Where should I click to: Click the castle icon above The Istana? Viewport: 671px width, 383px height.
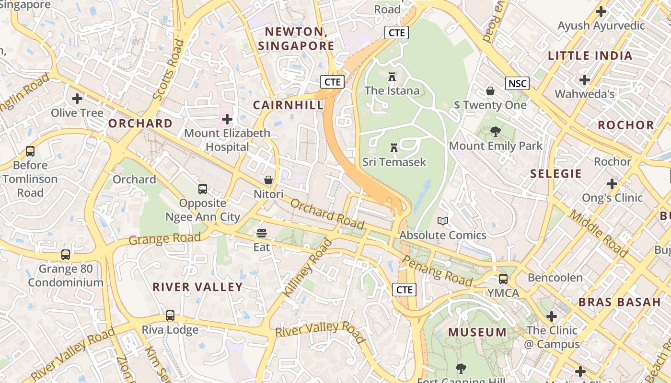point(392,77)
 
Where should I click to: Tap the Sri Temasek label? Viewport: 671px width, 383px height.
point(394,162)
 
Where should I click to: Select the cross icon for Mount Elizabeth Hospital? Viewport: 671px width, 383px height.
point(227,119)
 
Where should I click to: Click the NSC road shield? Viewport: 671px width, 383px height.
point(517,83)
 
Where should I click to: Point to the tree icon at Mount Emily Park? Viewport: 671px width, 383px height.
point(496,132)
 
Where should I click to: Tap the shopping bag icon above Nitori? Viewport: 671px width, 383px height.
point(268,180)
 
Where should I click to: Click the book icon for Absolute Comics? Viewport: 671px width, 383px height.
point(443,221)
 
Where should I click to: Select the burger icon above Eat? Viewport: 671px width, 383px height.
point(262,233)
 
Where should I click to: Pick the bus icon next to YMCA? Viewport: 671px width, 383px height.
point(503,279)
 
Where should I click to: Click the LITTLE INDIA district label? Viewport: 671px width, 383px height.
point(590,56)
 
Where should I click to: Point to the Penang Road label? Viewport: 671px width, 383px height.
point(437,270)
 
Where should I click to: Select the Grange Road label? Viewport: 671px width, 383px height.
point(164,238)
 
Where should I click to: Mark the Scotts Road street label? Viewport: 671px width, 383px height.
point(168,70)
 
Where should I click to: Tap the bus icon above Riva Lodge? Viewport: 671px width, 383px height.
point(170,315)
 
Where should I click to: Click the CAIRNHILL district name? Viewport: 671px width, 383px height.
point(288,105)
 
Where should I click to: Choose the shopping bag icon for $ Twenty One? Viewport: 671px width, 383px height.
point(490,91)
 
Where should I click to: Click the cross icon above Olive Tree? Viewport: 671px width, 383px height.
point(77,99)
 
